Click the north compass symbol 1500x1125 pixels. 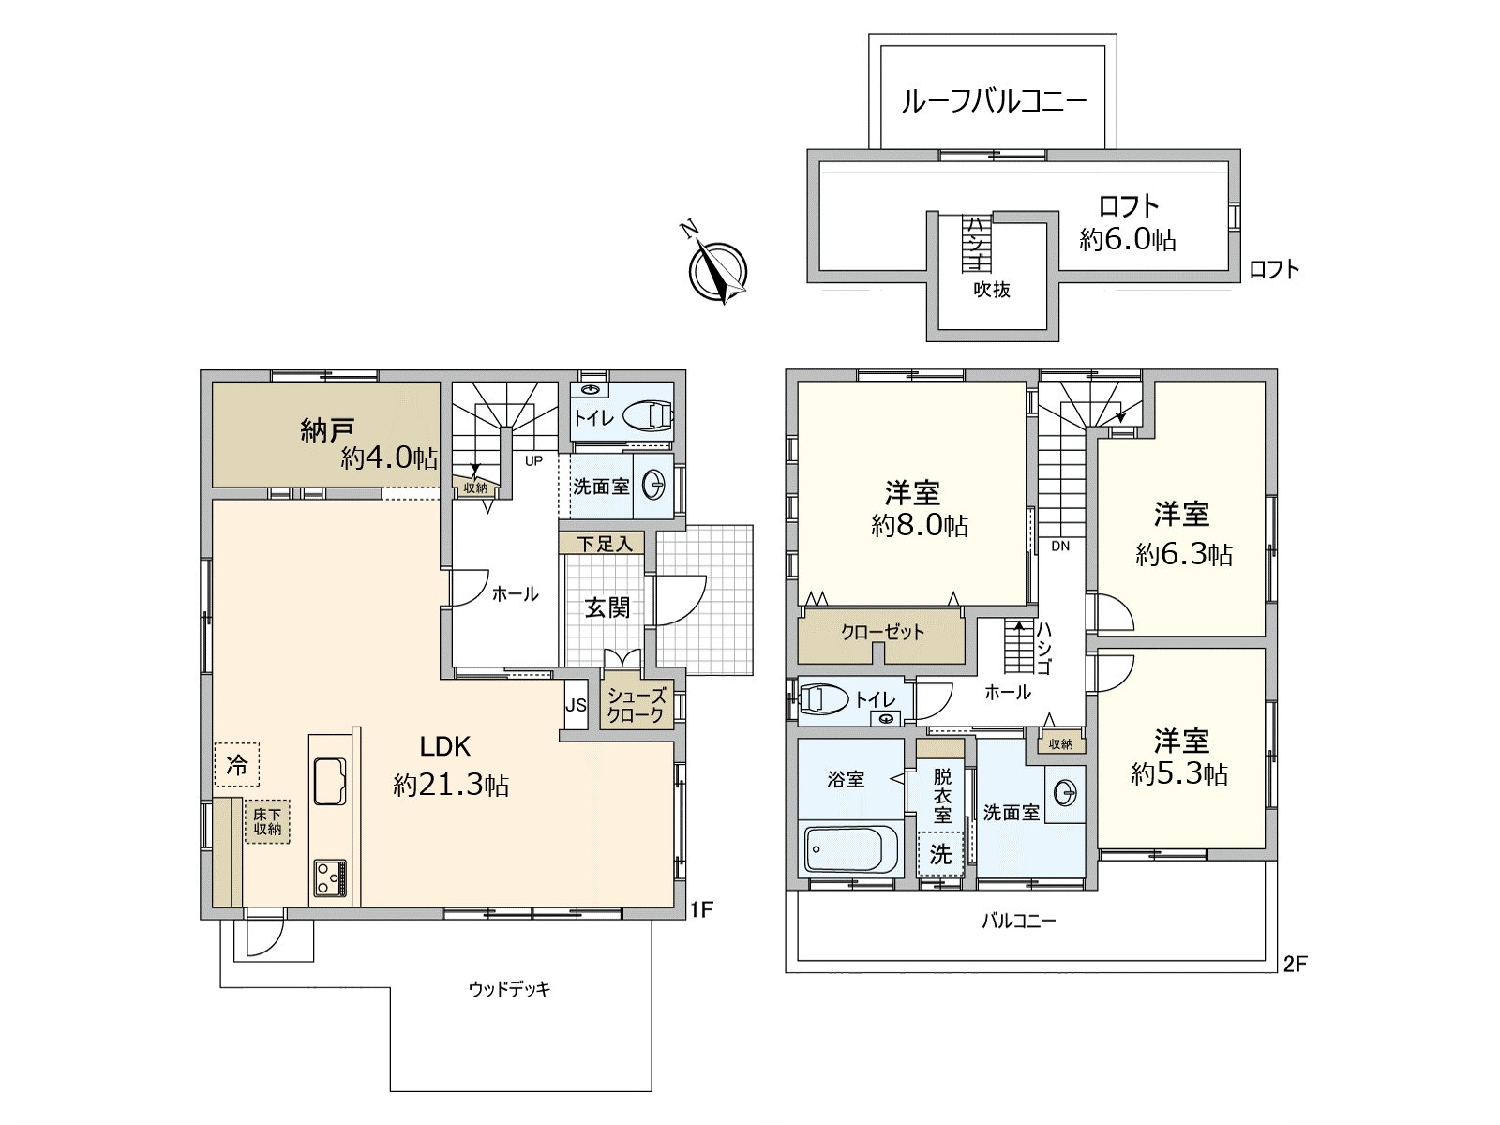717,271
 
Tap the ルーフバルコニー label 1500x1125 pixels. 994,101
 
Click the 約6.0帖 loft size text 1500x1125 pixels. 1127,240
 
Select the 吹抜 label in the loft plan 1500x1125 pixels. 991,290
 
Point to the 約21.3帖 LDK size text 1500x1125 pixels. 451,785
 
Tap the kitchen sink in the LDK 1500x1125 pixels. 329,781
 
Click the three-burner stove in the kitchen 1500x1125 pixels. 329,878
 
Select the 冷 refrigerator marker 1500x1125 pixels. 237,765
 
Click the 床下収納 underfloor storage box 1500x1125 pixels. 267,822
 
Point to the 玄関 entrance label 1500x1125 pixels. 607,608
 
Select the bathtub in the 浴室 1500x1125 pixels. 850,849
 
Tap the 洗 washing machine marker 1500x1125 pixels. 940,854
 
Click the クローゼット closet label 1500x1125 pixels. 882,633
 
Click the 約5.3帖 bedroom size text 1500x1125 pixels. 1179,774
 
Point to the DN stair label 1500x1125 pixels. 1059,546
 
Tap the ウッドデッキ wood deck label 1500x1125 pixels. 509,989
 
